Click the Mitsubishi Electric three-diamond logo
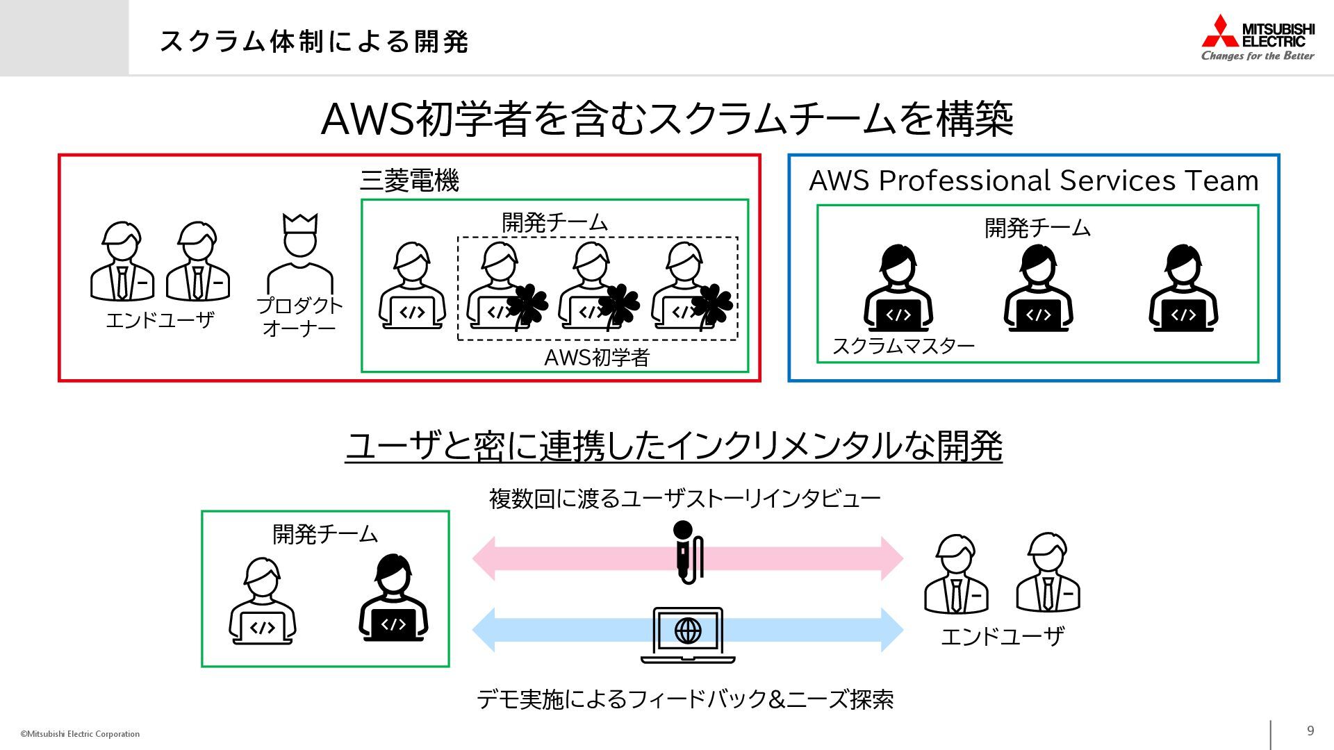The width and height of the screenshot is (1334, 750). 1219,32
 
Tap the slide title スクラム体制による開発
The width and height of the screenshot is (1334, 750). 314,42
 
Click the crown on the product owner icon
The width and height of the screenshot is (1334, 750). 300,224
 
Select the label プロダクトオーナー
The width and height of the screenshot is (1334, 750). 299,317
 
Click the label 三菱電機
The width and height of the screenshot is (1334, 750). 409,181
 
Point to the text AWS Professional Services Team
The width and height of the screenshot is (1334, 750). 1034,181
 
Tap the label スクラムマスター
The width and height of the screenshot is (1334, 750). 903,346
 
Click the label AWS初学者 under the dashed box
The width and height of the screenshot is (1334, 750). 596,358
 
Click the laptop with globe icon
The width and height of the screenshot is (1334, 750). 688,635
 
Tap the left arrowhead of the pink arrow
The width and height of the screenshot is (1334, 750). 484,558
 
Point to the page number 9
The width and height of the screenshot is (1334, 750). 1310,731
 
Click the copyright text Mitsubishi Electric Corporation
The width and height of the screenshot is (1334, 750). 80,734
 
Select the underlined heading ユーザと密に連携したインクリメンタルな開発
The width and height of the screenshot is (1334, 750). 673,446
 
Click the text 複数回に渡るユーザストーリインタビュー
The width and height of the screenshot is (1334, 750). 684,499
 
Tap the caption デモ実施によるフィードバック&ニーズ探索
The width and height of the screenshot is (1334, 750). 684,699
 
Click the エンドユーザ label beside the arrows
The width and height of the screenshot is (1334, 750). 1002,636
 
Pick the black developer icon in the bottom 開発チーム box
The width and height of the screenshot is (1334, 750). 393,598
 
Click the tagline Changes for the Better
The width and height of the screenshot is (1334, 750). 1258,56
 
